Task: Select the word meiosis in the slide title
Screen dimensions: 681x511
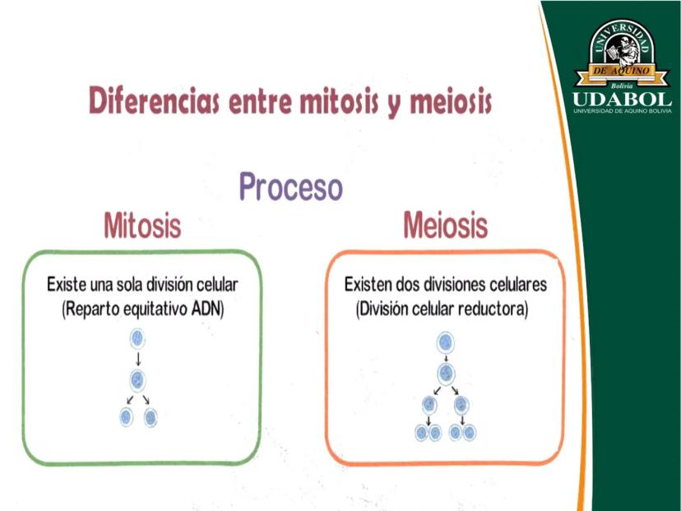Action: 451,101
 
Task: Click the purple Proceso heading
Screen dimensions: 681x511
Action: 291,187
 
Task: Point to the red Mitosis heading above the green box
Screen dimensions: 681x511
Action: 142,225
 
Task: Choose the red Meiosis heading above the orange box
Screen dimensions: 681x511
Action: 446,225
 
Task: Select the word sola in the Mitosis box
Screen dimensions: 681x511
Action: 130,285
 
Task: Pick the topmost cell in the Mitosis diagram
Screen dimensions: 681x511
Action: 137,339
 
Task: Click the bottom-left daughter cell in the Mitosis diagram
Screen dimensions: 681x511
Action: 126,417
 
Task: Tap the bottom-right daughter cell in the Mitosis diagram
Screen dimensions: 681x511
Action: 151,417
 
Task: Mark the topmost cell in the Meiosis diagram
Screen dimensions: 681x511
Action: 445,343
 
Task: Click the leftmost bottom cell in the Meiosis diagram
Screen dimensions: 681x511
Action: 421,433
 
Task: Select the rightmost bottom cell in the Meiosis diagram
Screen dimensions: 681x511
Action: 470,433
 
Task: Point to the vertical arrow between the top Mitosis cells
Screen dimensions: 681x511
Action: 138,360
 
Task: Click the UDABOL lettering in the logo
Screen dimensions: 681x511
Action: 622,100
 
